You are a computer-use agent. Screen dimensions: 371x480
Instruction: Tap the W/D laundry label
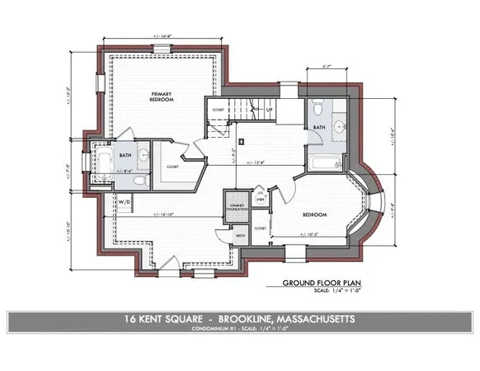pyautogui.click(x=125, y=201)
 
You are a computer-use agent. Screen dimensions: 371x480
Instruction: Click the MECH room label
pyautogui.click(x=241, y=235)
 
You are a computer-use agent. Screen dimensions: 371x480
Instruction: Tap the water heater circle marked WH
pyautogui.click(x=259, y=199)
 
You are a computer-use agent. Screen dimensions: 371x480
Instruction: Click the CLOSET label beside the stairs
pyautogui.click(x=218, y=109)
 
